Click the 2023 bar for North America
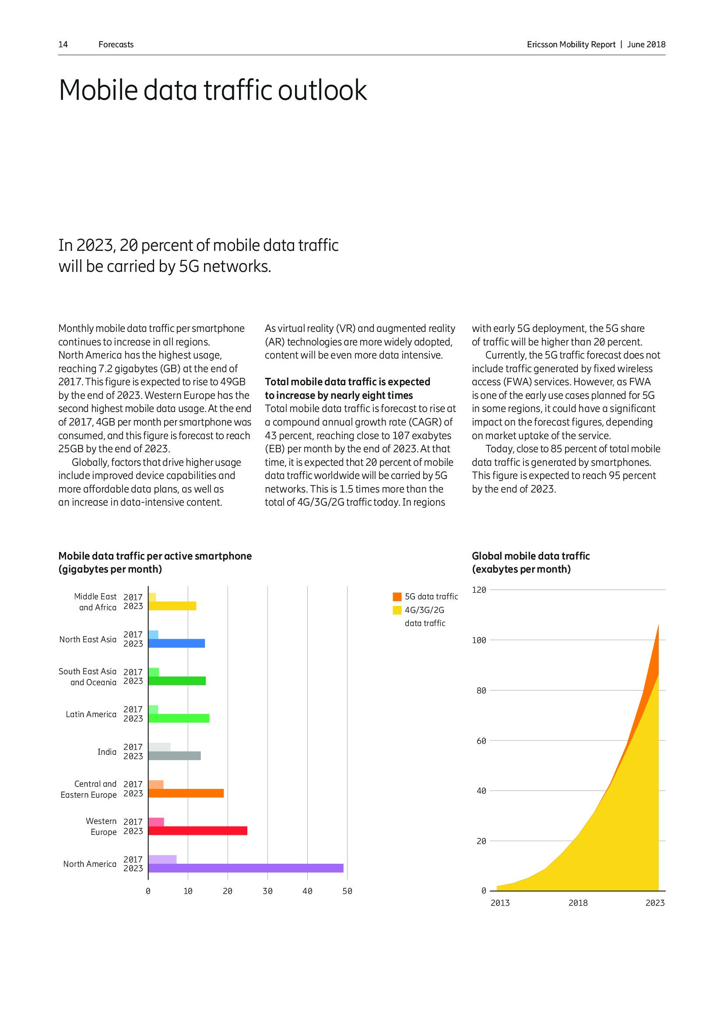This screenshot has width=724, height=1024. pyautogui.click(x=246, y=868)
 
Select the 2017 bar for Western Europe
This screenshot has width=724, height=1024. pyautogui.click(x=156, y=821)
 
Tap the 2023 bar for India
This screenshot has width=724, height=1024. pyautogui.click(x=174, y=756)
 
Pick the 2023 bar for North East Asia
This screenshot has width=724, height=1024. pyautogui.click(x=176, y=643)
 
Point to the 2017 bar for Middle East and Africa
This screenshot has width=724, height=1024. pyautogui.click(x=152, y=597)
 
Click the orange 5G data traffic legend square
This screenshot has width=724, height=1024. pyautogui.click(x=397, y=597)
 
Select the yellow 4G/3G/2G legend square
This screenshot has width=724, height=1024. pyautogui.click(x=397, y=610)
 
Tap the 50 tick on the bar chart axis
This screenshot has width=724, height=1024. pyautogui.click(x=347, y=891)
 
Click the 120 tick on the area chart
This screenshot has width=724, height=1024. pyautogui.click(x=479, y=590)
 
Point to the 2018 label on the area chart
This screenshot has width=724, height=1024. pyautogui.click(x=578, y=903)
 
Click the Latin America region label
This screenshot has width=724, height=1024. pyautogui.click(x=91, y=714)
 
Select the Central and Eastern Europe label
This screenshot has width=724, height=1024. pyautogui.click(x=89, y=789)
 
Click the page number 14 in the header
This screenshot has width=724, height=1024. pyautogui.click(x=63, y=45)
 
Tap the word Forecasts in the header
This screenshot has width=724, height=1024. pyautogui.click(x=116, y=45)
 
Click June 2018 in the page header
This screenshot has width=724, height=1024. pyautogui.click(x=646, y=45)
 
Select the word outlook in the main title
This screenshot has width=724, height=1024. pyautogui.click(x=322, y=90)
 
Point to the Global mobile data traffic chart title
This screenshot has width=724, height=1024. pyautogui.click(x=531, y=556)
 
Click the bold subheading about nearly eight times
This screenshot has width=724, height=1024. pyautogui.click(x=347, y=388)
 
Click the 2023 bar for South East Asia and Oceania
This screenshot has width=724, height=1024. pyautogui.click(x=177, y=681)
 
